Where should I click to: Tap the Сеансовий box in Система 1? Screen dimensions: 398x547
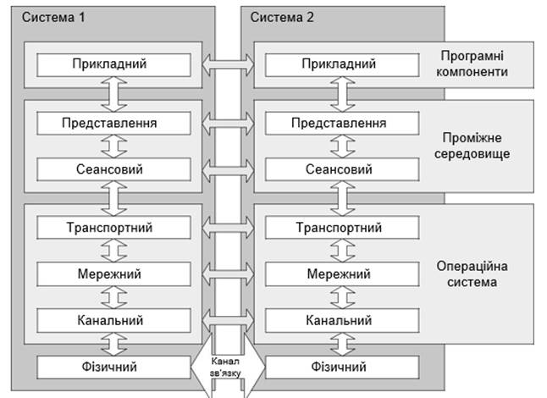click(x=108, y=169)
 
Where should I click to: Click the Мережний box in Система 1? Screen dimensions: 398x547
click(x=108, y=274)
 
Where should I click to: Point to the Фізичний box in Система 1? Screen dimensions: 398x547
click(x=108, y=368)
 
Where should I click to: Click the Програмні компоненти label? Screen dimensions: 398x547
click(x=474, y=64)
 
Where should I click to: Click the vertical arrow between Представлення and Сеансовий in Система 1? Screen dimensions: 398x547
click(x=108, y=146)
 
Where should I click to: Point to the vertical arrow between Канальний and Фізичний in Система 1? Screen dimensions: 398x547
click(x=108, y=344)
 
